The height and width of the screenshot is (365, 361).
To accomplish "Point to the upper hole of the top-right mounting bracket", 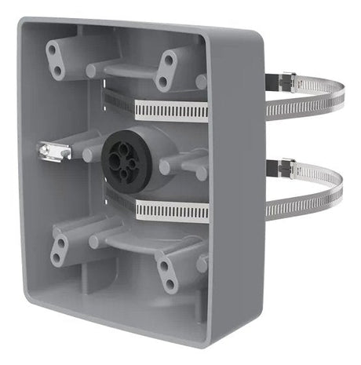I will [x=167, y=60].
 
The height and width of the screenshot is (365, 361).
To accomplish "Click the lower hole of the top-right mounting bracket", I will [x=162, y=80].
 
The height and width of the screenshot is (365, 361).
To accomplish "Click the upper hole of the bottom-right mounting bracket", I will [x=165, y=265].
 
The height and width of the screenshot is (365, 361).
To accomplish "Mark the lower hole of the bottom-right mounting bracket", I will [x=170, y=284].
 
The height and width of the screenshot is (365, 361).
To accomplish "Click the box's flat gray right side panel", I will [x=235, y=196].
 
